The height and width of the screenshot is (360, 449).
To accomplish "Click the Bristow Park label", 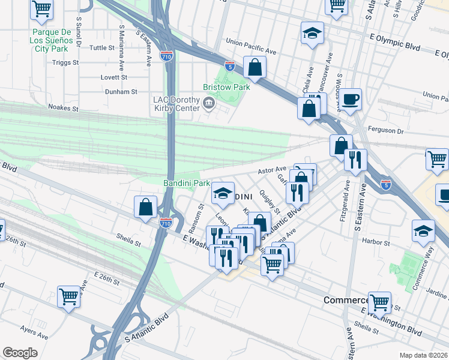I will coord(226,87).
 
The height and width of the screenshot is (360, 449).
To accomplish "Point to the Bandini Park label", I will coord(186,182).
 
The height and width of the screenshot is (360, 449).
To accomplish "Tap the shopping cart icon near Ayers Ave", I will coord(70,295).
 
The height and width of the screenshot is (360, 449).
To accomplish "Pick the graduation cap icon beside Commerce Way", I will coord(423,230).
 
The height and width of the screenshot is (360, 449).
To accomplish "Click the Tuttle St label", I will coord(101,47).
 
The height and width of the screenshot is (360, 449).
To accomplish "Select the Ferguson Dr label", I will coord(428,129).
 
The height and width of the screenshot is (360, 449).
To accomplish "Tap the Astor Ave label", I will coord(271,171).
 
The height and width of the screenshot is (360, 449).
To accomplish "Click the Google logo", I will coord(20,353).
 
